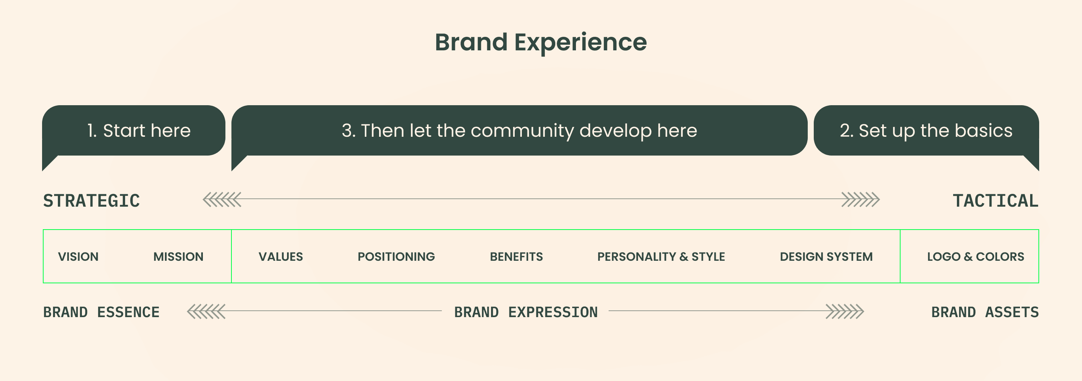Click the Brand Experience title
click(541, 42)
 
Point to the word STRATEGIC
click(92, 201)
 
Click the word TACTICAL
click(996, 201)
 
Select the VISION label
click(78, 257)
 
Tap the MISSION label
click(178, 257)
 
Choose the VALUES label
click(281, 257)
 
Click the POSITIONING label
click(396, 257)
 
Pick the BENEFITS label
click(516, 257)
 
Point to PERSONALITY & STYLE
click(661, 257)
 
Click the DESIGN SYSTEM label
click(826, 257)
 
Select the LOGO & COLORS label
click(976, 257)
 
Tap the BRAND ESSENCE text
click(101, 313)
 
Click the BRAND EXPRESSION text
click(526, 313)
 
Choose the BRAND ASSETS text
click(985, 313)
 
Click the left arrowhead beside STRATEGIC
click(222, 200)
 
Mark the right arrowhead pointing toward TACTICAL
click(861, 200)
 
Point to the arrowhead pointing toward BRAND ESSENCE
click(206, 311)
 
